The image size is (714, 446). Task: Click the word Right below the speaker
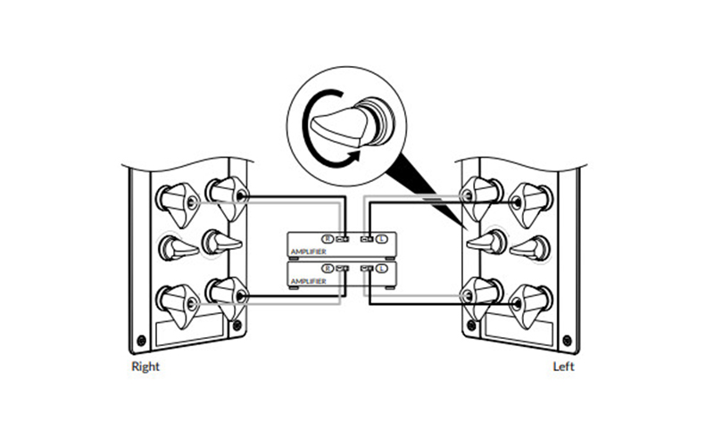145,367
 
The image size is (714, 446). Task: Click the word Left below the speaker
563,367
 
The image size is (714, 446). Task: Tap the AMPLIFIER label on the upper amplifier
308,252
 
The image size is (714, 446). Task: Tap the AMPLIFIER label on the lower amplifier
308,281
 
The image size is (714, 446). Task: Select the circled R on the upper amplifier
327,238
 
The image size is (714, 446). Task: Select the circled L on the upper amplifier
382,238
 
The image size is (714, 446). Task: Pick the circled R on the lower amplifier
327,268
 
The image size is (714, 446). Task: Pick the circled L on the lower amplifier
382,268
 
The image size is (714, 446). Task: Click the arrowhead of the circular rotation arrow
354,157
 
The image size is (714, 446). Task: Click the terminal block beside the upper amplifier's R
343,238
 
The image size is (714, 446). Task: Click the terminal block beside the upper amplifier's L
367,238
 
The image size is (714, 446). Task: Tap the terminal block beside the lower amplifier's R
343,268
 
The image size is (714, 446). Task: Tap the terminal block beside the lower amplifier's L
367,268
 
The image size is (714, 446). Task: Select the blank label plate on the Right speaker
190,331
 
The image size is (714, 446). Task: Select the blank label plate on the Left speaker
519,331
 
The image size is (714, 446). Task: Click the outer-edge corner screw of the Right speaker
142,340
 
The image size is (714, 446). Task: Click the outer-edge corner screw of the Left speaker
568,340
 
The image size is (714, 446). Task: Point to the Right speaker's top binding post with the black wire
228,196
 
